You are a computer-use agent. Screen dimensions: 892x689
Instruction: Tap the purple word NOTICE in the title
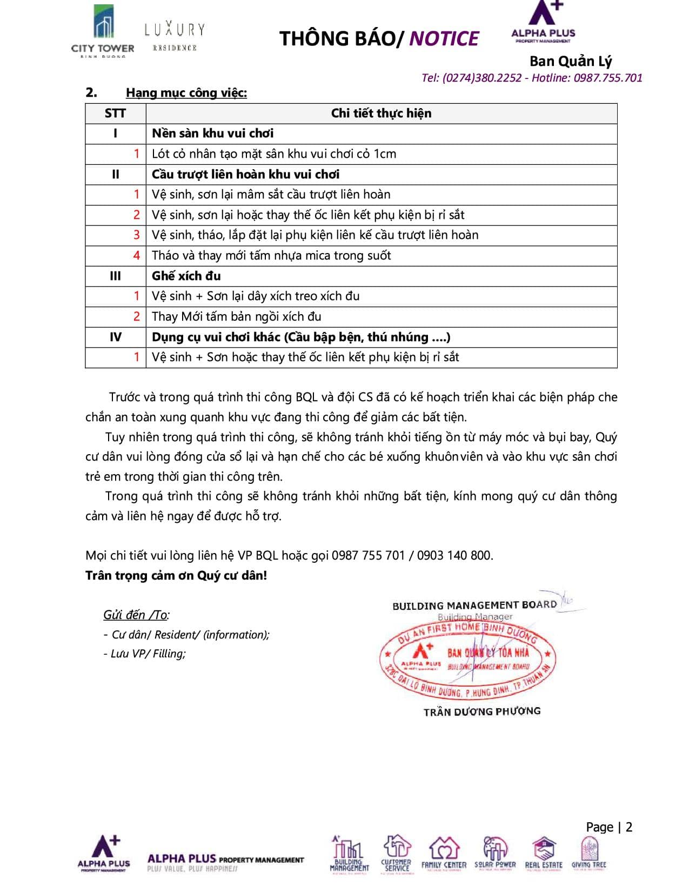[x=444, y=39]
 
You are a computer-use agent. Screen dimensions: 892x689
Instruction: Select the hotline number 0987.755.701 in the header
[x=608, y=78]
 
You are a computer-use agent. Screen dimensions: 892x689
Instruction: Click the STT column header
[x=115, y=114]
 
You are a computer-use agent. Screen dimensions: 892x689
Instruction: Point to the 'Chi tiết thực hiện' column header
[x=381, y=114]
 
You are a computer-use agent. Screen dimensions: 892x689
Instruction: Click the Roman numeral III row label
[x=115, y=276]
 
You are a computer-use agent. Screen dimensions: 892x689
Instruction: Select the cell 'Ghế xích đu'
[x=186, y=276]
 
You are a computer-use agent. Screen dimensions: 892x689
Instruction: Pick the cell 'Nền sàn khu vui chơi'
[x=212, y=134]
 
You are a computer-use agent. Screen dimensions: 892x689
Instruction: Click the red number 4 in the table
[x=137, y=256]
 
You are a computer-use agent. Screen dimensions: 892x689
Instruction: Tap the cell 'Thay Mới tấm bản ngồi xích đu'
[x=237, y=317]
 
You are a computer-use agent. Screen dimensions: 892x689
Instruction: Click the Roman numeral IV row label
[x=115, y=337]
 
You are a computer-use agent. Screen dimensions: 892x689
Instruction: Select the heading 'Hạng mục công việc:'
[x=186, y=93]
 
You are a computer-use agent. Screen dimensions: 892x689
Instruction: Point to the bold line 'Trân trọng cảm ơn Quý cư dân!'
[x=176, y=576]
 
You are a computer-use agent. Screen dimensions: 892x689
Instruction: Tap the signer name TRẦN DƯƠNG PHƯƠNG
[x=482, y=711]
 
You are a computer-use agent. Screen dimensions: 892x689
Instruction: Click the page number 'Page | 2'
[x=609, y=827]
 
